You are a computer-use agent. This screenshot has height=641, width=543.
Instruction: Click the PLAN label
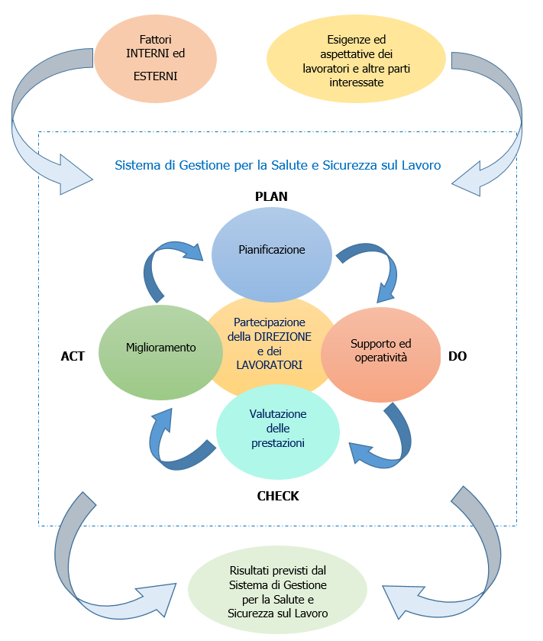(271, 196)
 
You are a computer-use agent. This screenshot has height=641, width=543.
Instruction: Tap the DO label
(457, 356)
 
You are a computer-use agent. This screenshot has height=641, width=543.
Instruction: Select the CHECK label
(278, 496)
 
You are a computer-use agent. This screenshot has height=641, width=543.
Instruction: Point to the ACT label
(73, 356)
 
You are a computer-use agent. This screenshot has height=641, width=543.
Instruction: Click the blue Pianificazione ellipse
(271, 250)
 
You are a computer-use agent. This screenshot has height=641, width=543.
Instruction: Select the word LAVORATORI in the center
(270, 364)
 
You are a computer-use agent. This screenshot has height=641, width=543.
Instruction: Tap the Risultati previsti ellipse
(278, 592)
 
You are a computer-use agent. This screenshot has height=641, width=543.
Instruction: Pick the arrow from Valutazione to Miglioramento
(172, 443)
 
